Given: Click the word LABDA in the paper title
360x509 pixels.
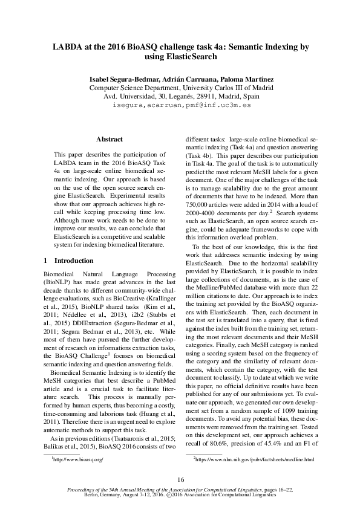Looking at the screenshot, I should point(68,46).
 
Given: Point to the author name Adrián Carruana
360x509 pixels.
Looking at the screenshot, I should point(186,79).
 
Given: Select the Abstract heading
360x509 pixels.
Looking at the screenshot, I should point(110,139).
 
